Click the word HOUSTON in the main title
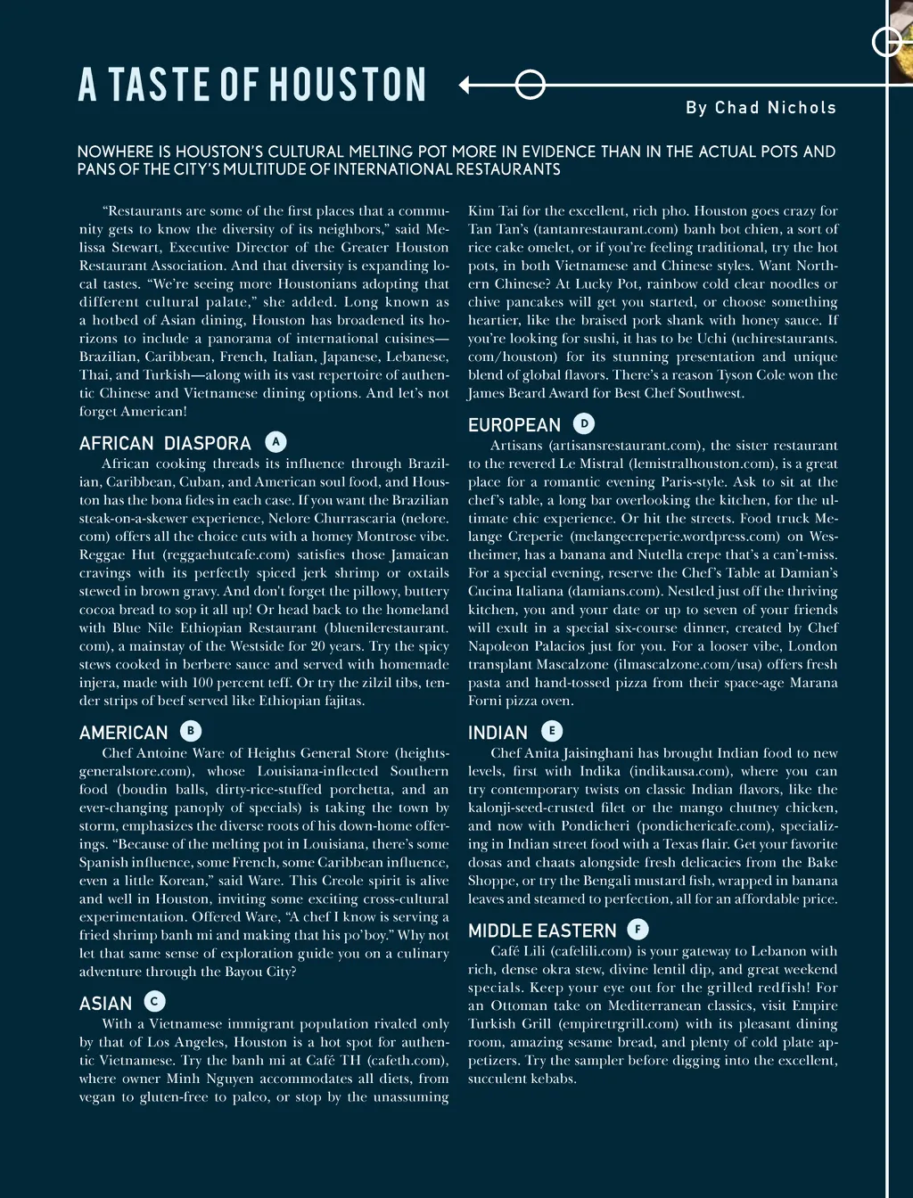[x=348, y=85]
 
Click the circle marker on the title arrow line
[x=531, y=86]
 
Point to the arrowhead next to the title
[x=465, y=86]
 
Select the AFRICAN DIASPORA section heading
[x=165, y=443]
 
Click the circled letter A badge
[x=276, y=441]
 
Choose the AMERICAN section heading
[x=123, y=733]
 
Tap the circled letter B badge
[x=190, y=731]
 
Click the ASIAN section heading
[x=105, y=1004]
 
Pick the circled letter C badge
[x=154, y=1002]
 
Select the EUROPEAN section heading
[x=514, y=425]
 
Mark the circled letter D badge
[x=584, y=423]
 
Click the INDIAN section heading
[x=498, y=733]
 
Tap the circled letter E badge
[x=552, y=731]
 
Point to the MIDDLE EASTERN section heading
[x=542, y=931]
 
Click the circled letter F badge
[x=637, y=930]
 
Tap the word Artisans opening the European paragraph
[x=517, y=446]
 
